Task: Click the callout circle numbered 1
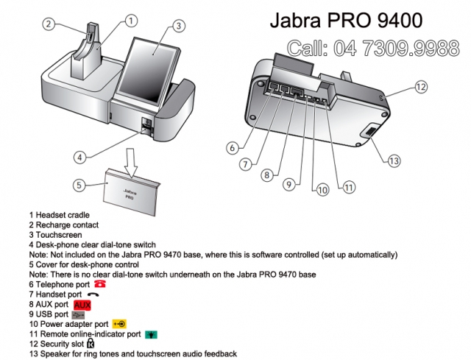131,21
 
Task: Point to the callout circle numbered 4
80,156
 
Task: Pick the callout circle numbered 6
233,147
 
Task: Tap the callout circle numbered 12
419,87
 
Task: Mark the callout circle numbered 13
394,160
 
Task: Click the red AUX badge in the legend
82,303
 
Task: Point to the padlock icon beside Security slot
91,344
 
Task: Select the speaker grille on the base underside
369,134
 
